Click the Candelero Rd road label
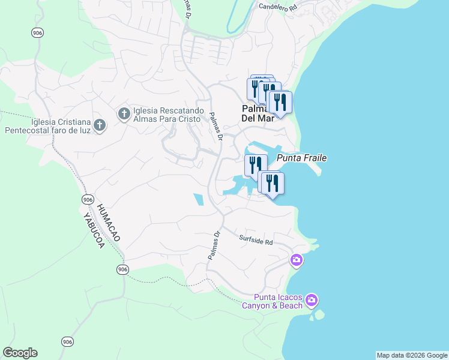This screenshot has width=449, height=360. click(278, 7)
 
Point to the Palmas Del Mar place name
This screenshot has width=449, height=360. click(258, 113)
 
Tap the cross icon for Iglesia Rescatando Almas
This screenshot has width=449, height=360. click(124, 114)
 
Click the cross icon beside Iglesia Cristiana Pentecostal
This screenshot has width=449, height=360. click(100, 125)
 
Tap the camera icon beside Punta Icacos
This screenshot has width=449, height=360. click(311, 299)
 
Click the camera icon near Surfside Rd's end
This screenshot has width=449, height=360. click(296, 260)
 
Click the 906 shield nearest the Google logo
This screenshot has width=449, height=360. click(67, 342)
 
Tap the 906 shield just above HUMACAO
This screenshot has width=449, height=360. click(88, 199)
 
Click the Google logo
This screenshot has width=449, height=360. click(20, 353)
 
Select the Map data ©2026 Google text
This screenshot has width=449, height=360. click(412, 355)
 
